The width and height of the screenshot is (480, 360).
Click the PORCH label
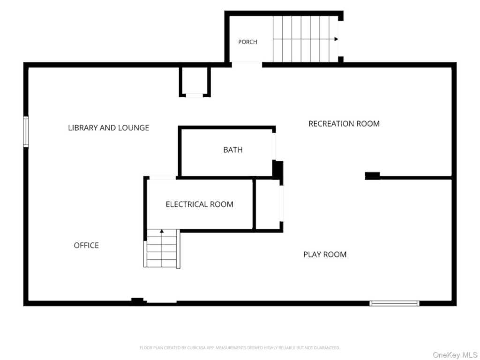coord(247,42)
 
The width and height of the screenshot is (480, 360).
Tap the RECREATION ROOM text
coord(344,124)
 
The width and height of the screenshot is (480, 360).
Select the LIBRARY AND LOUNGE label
coord(109,127)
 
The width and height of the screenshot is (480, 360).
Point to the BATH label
coord(233,150)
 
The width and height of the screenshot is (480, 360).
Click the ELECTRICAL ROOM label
coord(200,204)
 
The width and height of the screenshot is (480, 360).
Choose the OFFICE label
coord(86,245)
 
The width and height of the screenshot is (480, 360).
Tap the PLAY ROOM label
coord(325,255)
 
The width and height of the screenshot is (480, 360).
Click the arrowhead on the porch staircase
coord(336,39)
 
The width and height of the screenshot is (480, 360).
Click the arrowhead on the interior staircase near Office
coord(162,231)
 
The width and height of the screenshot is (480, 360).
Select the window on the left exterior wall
coord(26,132)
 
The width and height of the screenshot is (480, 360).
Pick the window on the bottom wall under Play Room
coord(394,303)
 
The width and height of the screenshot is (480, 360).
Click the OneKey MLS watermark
coord(455,355)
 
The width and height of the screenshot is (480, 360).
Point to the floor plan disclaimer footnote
coord(240,348)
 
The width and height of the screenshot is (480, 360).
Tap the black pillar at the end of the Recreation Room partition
coord(373,176)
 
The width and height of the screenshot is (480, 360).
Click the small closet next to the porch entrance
coord(195,82)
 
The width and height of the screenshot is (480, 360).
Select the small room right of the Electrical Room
coord(268,204)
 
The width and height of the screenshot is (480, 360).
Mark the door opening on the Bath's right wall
coord(274,146)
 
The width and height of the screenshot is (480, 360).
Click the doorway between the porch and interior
coord(247,65)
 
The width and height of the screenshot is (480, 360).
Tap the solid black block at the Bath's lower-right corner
coord(278,170)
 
